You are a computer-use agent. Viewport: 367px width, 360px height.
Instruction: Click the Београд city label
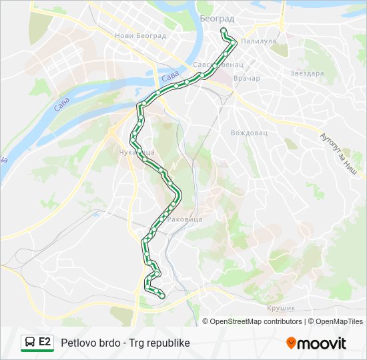pyautogui.click(x=216, y=19)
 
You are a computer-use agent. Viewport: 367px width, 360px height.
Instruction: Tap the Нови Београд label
pyautogui.click(x=139, y=36)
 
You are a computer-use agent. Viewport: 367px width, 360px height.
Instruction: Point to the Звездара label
pyautogui.click(x=306, y=73)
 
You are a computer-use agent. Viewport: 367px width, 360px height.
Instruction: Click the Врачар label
pyautogui.click(x=247, y=78)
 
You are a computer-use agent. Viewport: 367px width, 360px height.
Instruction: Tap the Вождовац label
pyautogui.click(x=249, y=133)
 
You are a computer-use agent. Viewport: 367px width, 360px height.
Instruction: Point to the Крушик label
pyautogui.click(x=281, y=307)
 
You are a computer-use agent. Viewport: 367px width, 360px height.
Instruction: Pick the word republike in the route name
pyautogui.click(x=167, y=343)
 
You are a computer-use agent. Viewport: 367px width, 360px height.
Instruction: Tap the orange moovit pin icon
pyautogui.click(x=291, y=343)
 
